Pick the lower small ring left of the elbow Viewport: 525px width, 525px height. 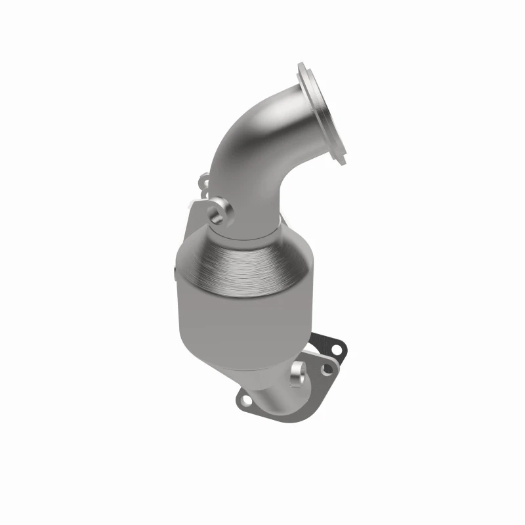(205, 194)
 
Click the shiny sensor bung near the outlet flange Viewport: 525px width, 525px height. (300, 373)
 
